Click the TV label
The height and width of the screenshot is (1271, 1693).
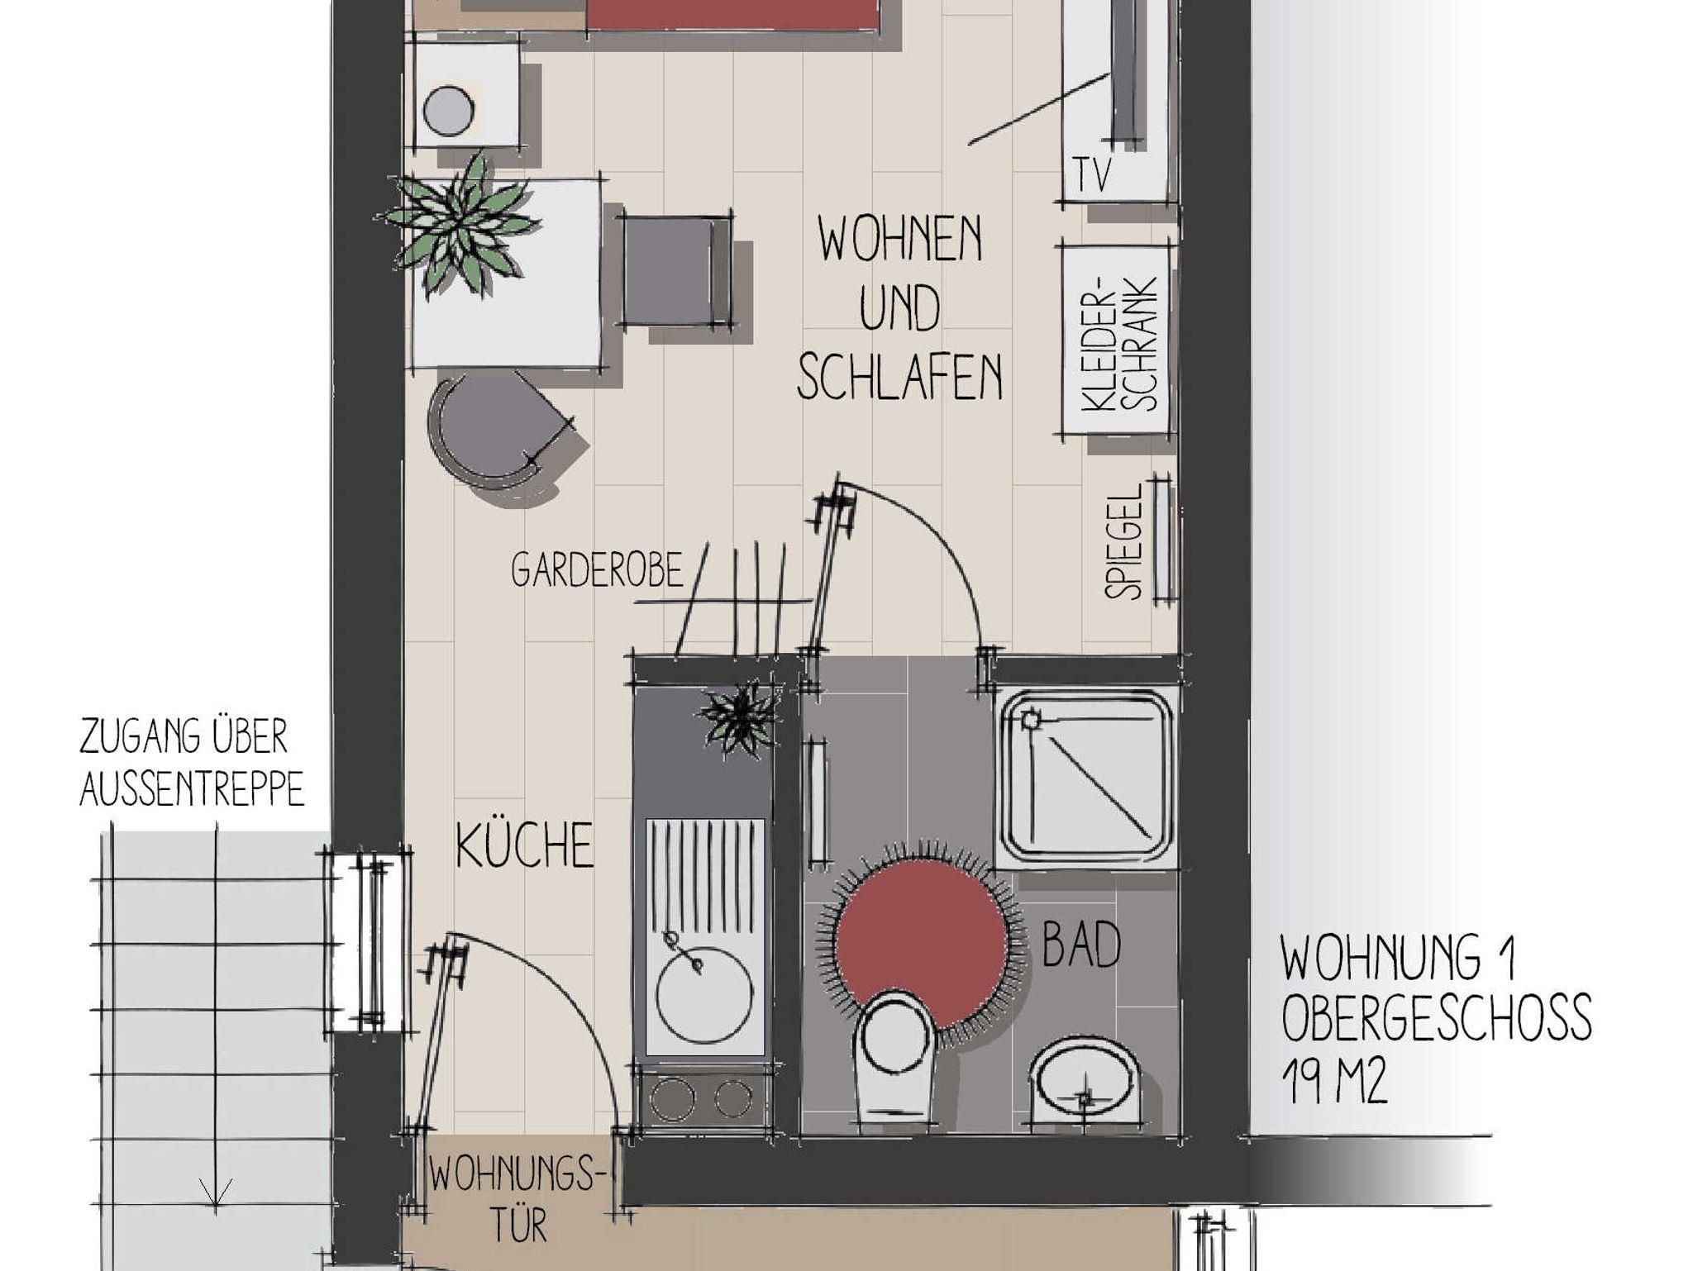click(x=1093, y=174)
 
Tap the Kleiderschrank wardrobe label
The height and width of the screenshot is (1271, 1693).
click(x=1120, y=342)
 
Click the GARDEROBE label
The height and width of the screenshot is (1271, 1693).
click(x=598, y=570)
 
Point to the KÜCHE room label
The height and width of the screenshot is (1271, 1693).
click(x=525, y=845)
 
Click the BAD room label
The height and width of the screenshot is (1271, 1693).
click(x=1081, y=944)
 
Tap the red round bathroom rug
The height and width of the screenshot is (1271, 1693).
click(x=922, y=945)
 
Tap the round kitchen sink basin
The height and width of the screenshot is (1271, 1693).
click(x=704, y=995)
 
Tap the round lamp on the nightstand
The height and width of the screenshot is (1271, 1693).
click(x=448, y=110)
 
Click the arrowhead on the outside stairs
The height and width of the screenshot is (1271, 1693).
click(x=215, y=1194)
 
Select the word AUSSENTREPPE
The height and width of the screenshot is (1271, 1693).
click(x=192, y=790)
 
